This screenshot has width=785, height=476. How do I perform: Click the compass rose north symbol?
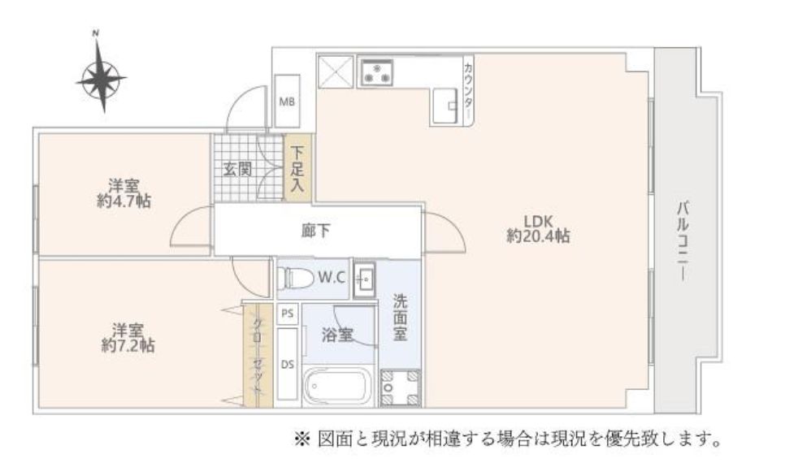tap(102, 74)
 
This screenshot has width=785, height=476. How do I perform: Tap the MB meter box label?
tap(287, 102)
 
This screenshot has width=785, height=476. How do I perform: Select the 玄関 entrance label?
tap(236, 169)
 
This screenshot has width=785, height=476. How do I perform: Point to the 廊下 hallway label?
tap(316, 231)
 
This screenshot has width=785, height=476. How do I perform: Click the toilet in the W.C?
tap(289, 277)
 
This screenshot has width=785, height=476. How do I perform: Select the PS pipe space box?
tap(288, 314)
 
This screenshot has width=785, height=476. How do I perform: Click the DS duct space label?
tap(288, 365)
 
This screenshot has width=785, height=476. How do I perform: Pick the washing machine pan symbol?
tap(400, 387)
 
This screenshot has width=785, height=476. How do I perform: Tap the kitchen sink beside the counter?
tap(446, 106)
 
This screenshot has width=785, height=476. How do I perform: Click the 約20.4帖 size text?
tap(538, 236)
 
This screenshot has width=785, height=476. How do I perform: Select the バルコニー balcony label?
tap(682, 240)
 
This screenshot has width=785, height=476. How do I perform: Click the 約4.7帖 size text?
tap(124, 201)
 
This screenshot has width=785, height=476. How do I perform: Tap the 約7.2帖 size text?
tap(128, 345)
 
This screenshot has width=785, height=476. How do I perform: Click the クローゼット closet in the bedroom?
tap(258, 355)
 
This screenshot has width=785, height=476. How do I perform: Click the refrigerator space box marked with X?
tap(335, 71)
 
